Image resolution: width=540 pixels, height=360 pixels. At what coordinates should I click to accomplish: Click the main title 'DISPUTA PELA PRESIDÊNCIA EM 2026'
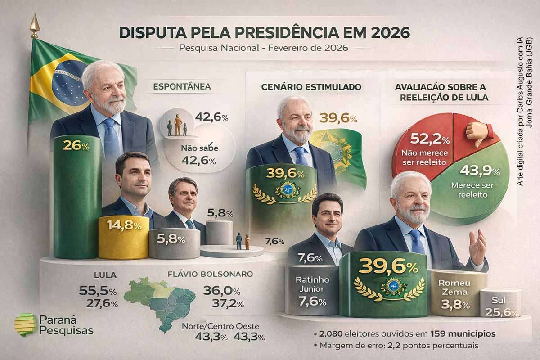point(264,33)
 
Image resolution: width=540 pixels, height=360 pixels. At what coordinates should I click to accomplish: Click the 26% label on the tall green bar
point(76,145)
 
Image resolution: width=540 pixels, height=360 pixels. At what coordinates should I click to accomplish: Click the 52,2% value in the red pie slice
point(423,140)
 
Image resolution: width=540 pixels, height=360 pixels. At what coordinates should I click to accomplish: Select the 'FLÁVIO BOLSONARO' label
point(210,274)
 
